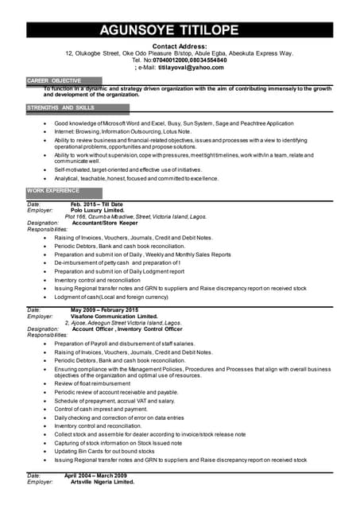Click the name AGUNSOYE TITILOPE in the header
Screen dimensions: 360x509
(179, 32)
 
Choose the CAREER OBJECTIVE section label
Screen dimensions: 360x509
(54, 81)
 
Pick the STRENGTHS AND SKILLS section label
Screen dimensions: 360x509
(60, 107)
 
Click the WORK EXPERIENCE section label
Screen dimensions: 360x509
(53, 191)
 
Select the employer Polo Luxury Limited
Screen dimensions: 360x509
(104, 211)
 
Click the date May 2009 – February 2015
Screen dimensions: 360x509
(104, 310)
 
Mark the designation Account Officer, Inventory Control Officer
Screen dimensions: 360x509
(122, 329)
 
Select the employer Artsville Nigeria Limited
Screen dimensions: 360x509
(103, 482)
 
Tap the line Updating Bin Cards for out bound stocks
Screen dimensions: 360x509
(104, 451)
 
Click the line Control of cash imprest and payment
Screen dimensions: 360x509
(101, 409)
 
